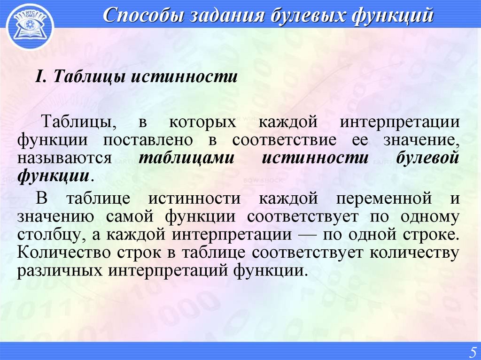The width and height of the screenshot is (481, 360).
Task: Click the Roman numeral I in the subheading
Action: [x=40, y=77]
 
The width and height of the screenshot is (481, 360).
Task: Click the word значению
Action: [x=57, y=216]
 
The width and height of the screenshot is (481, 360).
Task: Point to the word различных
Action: [x=60, y=271]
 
